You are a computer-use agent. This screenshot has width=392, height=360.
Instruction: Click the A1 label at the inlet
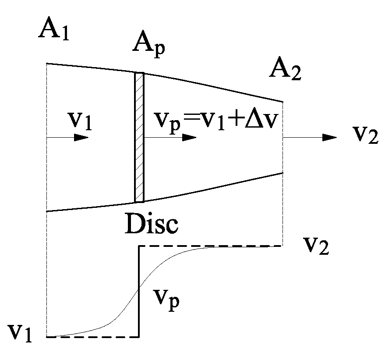(x=54, y=30)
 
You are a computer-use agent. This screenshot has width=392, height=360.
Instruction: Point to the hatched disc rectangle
(x=139, y=137)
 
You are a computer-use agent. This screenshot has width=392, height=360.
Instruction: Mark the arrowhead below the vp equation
(x=189, y=138)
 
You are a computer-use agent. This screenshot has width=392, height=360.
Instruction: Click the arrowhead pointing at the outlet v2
(x=329, y=138)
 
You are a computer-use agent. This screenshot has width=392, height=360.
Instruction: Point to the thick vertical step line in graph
(x=139, y=292)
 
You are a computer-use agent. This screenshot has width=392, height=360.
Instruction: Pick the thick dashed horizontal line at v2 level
(x=210, y=246)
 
